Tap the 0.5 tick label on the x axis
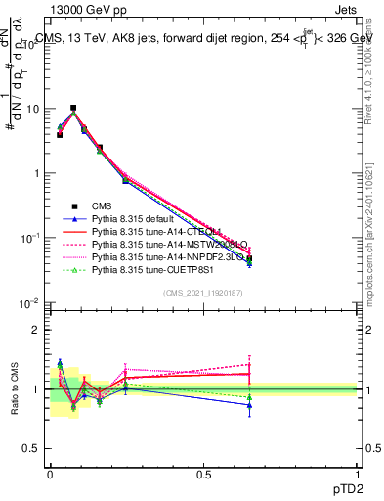point(203,475)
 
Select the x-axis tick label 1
point(357,475)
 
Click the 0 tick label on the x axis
point(50,475)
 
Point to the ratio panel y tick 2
point(35,330)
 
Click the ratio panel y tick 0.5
point(31,448)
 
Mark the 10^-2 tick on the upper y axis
point(29,303)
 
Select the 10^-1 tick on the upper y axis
point(29,239)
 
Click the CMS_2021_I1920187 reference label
point(202,293)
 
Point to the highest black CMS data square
point(73,108)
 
